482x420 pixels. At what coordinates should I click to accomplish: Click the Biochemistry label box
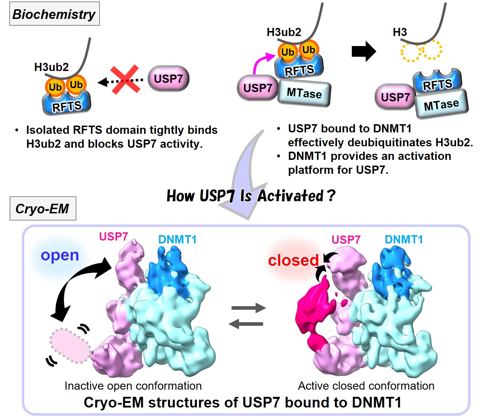[x=54, y=14]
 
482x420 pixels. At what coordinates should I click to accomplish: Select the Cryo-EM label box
[x=43, y=208]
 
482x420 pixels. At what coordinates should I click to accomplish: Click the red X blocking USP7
[x=125, y=80]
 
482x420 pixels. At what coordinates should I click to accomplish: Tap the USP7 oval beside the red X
[x=168, y=79]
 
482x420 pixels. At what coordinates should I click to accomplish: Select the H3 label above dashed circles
[x=400, y=32]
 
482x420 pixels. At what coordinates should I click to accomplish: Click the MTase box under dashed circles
[x=441, y=105]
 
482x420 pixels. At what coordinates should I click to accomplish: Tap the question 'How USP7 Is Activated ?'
[x=251, y=196]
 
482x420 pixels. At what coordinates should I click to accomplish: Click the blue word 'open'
[x=60, y=255]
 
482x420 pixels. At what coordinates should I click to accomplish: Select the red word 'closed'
[x=293, y=260]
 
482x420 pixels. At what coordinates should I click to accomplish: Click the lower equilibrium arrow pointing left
[x=246, y=324]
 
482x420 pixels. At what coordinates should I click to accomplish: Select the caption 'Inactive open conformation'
[x=133, y=386]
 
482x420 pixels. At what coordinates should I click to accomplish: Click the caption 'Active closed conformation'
[x=366, y=386]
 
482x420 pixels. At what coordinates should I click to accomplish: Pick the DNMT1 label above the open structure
[x=177, y=239]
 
